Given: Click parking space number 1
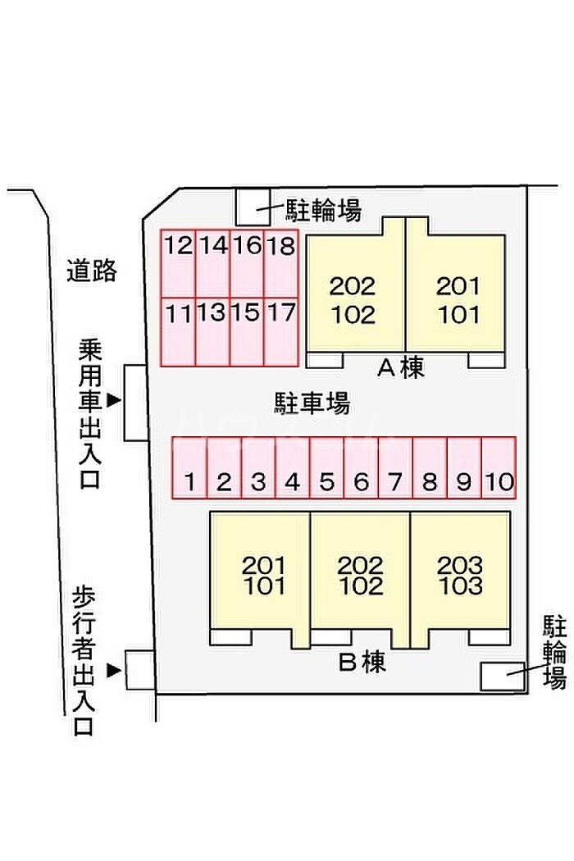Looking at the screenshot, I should tap(189, 468).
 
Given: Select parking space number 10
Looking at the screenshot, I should tap(498, 468).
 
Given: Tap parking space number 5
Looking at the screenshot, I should tap(326, 468).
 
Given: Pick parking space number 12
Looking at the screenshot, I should tap(178, 263).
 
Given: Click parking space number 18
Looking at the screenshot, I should tap(281, 263).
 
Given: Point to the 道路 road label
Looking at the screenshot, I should tap(92, 270).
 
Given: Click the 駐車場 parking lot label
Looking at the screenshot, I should tap(312, 403).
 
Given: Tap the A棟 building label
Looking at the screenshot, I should tap(401, 369).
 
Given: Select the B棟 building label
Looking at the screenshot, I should tap(362, 662).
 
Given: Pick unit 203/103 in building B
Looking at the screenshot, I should tap(460, 575).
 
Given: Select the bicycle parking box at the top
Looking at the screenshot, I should tap(253, 206).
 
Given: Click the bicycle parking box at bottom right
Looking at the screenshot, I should tap(502, 675).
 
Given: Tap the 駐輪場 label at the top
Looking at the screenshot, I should tap(323, 211).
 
